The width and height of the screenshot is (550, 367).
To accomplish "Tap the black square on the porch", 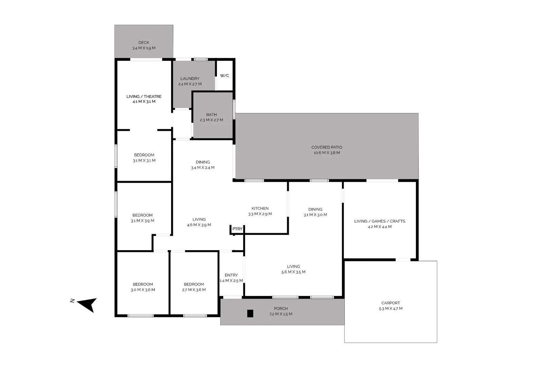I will [x=250, y=313].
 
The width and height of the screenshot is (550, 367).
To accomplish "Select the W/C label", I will [x=224, y=75].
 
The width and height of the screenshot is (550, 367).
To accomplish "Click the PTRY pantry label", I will [x=237, y=229].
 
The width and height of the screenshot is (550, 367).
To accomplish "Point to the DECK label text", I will [x=144, y=42].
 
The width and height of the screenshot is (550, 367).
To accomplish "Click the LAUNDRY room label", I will [x=190, y=78].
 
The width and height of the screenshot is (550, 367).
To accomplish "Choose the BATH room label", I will [x=211, y=115].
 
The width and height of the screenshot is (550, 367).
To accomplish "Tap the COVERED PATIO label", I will [x=327, y=147].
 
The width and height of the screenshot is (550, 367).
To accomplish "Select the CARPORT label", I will [x=390, y=303].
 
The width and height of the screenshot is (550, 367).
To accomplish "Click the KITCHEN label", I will [x=260, y=208].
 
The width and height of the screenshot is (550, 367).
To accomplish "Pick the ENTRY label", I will [x=231, y=275].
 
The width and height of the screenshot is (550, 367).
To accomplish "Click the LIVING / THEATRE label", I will [x=144, y=97].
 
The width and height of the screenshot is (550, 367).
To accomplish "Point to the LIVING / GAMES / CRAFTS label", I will [x=380, y=221].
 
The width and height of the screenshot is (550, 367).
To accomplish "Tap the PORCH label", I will [x=281, y=309].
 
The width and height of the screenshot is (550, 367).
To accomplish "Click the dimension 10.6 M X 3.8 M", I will [x=327, y=153].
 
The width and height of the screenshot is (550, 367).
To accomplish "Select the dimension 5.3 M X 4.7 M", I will [x=390, y=309].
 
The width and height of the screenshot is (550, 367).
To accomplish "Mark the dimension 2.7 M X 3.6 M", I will [x=194, y=290].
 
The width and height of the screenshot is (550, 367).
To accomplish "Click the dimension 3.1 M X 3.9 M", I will [x=143, y=221].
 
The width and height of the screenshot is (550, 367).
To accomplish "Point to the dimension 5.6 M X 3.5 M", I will [x=293, y=272].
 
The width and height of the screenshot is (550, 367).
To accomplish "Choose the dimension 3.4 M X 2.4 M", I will [x=203, y=168].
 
